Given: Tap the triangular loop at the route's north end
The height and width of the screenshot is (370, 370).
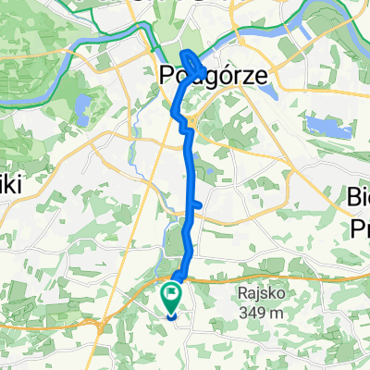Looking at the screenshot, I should pos(191,62).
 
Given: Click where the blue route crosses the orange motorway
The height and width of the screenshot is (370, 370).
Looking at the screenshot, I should pos(181,276).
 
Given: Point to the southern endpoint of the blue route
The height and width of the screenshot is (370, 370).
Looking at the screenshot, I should pos(172,313).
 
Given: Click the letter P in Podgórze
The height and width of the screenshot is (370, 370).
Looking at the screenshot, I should pos(168,75).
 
